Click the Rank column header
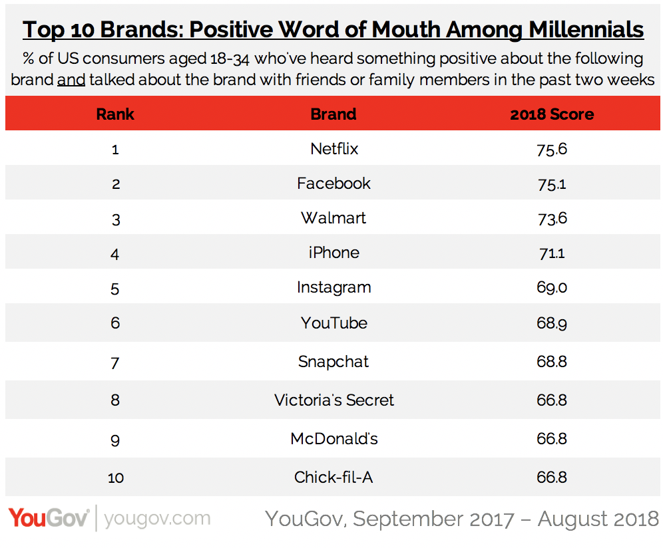point(115,114)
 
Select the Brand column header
point(333,114)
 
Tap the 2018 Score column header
point(552,114)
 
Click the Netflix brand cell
point(334,149)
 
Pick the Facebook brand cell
point(333,184)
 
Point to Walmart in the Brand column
point(333,218)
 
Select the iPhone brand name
point(333,253)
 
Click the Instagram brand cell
point(333,287)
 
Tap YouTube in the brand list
point(333,323)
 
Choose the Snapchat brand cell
point(333,362)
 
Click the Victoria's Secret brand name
point(333,400)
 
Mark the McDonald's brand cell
point(333,439)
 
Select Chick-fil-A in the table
point(333,478)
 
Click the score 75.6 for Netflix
point(552,149)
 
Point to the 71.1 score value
point(552,253)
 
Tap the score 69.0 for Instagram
point(552,287)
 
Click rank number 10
point(115,478)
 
